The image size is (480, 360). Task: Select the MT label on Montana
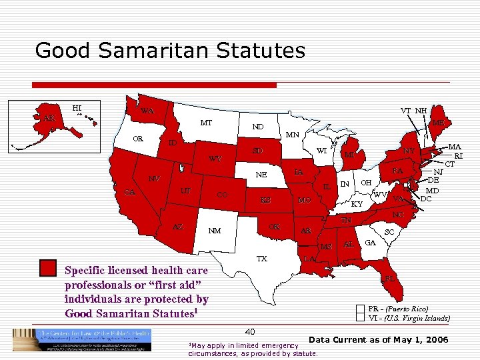pyautogui.click(x=206, y=123)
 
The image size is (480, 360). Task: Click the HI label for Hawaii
pyautogui.click(x=77, y=107)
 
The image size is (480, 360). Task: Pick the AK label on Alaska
pyautogui.click(x=49, y=119)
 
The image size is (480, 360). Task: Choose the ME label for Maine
pyautogui.click(x=438, y=123)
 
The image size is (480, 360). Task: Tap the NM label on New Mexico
pyautogui.click(x=214, y=231)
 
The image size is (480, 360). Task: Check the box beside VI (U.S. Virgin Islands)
pyautogui.click(x=361, y=318)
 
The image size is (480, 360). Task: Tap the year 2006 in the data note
pyautogui.click(x=437, y=341)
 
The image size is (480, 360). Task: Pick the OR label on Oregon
pyautogui.click(x=139, y=139)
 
